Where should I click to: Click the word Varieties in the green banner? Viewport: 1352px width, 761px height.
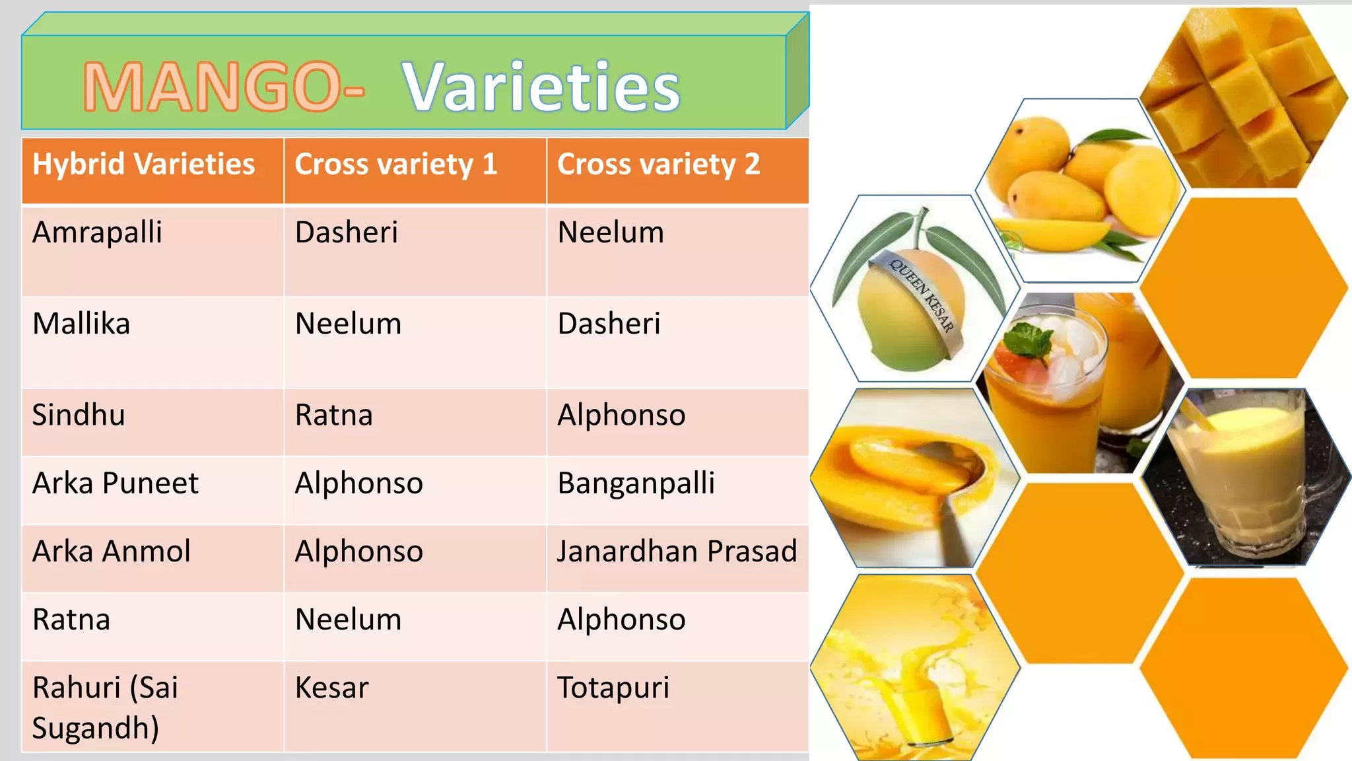click(541, 87)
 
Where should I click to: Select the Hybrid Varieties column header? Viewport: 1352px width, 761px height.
click(143, 164)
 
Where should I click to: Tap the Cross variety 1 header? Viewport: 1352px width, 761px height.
click(395, 164)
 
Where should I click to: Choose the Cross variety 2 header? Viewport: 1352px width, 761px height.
click(658, 164)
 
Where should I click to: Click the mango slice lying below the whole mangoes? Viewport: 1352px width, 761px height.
click(1050, 235)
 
